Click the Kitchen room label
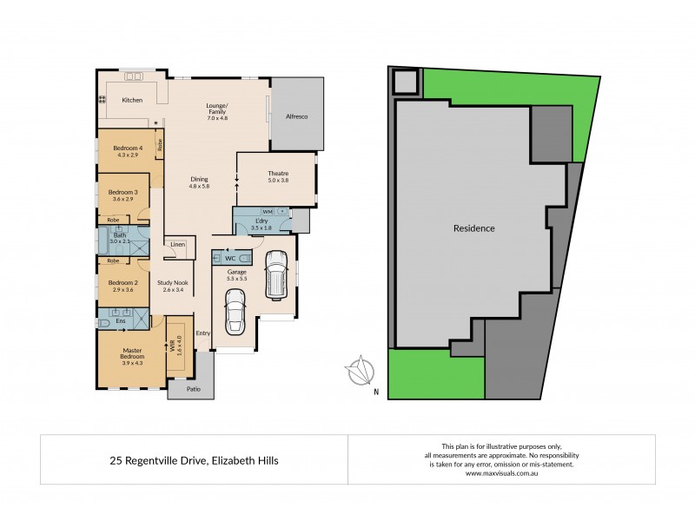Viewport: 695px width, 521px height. (x=132, y=100)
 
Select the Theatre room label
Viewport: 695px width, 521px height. (x=277, y=174)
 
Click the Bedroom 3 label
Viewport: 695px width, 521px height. (x=122, y=192)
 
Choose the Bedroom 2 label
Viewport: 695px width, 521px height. (x=122, y=283)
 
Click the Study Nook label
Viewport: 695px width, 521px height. (x=173, y=283)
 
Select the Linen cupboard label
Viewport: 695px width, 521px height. (x=177, y=245)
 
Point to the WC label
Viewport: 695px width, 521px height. (x=230, y=259)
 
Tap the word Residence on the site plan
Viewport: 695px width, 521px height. (x=473, y=228)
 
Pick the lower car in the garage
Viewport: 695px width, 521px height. (x=235, y=311)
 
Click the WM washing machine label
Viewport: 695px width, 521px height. (x=268, y=211)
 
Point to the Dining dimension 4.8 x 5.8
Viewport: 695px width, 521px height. (x=200, y=186)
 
